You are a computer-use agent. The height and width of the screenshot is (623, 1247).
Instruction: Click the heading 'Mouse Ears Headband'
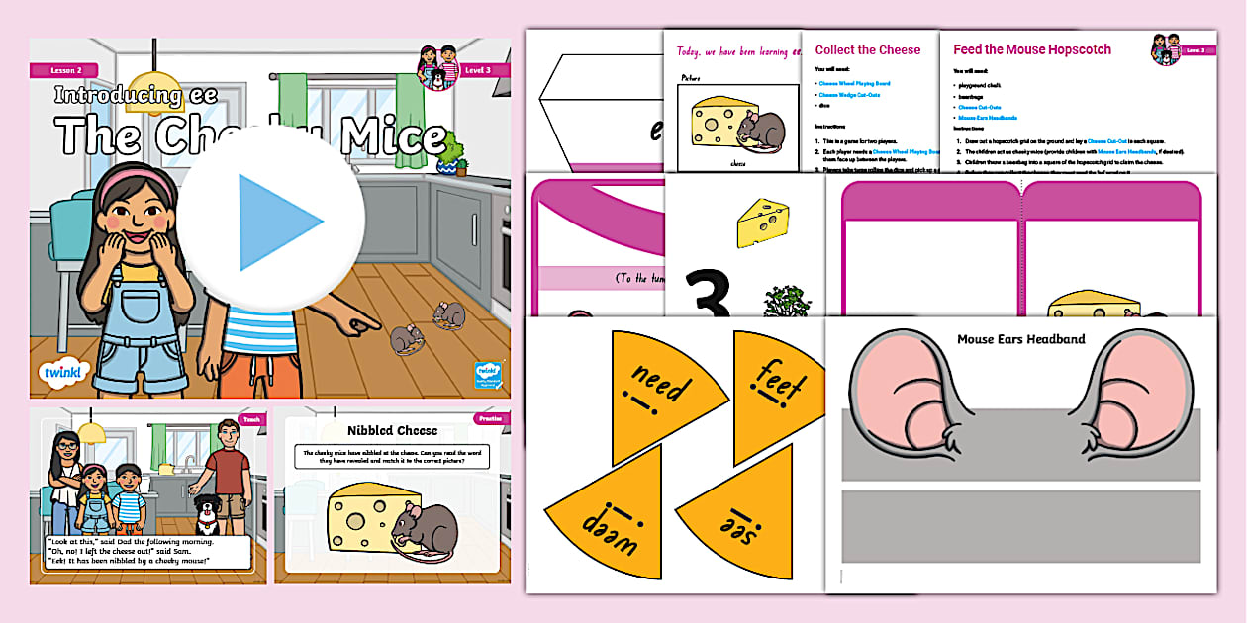coord(1020,339)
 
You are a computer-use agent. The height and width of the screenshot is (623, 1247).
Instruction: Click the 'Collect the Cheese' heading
coord(867,49)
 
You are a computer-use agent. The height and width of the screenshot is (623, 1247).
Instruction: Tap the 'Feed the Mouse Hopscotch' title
coord(1031,49)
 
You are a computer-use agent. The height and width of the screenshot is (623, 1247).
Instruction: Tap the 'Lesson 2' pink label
coord(55,70)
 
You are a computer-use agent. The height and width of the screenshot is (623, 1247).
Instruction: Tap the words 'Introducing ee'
coord(120,96)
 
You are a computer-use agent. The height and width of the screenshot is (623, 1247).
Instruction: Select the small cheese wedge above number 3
coord(762,220)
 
